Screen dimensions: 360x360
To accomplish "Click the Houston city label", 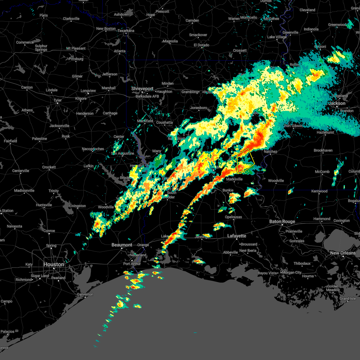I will (54, 264).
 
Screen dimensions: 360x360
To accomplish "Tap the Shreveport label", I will (142, 89).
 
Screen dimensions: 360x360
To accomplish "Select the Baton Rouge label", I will (282, 221).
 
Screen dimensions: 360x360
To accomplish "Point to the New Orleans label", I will (343, 253).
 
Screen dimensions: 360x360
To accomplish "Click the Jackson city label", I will (337, 103).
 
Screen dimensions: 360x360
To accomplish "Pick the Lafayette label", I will (236, 236).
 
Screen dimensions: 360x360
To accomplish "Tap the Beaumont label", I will (122, 245).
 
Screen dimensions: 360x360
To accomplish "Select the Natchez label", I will (270, 151).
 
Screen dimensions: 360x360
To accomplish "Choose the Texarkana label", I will (126, 31).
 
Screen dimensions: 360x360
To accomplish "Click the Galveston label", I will (85, 294).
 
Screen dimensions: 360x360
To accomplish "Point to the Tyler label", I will (58, 100).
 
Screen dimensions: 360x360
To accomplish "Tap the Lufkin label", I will (88, 166).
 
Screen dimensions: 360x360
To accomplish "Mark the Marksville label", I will (234, 179).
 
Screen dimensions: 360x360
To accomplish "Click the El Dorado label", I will (201, 45).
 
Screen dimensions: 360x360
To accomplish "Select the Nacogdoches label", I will (93, 149).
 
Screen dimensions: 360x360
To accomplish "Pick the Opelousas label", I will (233, 217).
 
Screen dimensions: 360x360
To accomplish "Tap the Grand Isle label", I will (348, 298).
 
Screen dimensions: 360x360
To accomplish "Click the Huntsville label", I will (44, 205).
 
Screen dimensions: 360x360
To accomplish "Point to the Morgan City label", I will (292, 272).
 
